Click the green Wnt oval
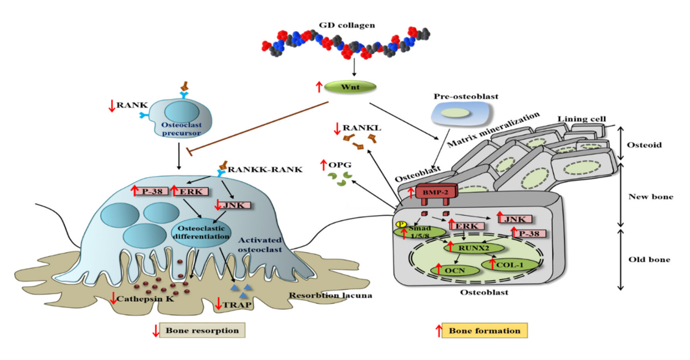coord(350,87)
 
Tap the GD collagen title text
coord(347,25)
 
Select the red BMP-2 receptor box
coord(436,192)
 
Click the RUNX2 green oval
coord(474,248)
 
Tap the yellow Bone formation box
coord(484,331)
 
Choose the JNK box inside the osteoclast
coord(234,205)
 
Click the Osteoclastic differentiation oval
coord(201,232)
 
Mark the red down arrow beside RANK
coord(112,106)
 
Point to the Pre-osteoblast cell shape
coord(461,114)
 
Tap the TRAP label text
coord(237,305)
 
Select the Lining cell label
coord(581,119)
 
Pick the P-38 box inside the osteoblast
coord(529,234)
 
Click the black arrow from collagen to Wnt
coord(354,67)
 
